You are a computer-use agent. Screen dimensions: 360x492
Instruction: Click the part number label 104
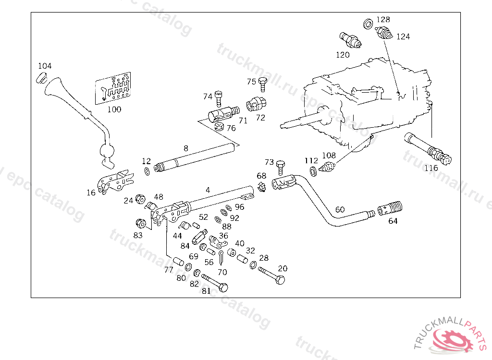tap(45, 66)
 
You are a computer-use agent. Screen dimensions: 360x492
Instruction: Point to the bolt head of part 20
tap(281, 279)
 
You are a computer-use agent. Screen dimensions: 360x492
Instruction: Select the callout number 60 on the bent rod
tap(340, 210)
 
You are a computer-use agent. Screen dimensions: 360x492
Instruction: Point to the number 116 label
tap(431, 168)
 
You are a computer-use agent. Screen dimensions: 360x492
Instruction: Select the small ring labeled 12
tap(146, 171)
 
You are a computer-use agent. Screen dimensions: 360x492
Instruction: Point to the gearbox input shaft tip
tap(283, 127)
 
